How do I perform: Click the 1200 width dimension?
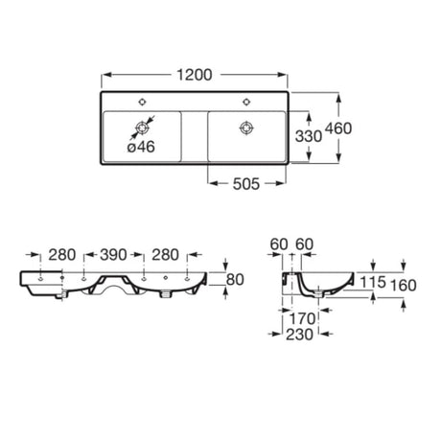(195, 75)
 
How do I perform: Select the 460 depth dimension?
(338, 128)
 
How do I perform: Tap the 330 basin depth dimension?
(309, 136)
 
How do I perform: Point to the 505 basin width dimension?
(246, 184)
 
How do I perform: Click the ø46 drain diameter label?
(141, 147)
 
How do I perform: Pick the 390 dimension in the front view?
(113, 255)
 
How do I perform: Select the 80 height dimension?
(235, 280)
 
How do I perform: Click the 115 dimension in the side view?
(373, 282)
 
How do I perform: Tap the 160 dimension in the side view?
(404, 286)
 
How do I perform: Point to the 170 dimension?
(302, 318)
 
